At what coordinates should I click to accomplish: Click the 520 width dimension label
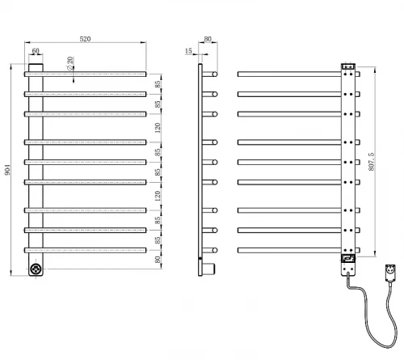85,39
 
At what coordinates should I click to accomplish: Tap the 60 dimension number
36,51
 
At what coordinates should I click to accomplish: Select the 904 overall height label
7,170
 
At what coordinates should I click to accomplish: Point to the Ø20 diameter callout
70,63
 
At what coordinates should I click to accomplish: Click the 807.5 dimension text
372,162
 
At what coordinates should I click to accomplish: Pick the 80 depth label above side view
208,39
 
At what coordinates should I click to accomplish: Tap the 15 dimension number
188,51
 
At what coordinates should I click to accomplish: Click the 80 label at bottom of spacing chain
158,260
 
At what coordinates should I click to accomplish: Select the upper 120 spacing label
158,128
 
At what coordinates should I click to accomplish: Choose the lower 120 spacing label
158,196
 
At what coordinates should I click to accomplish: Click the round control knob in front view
36,269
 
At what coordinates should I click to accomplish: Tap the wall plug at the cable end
390,273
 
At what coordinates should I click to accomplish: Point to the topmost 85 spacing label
158,84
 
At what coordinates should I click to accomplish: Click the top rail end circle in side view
215,74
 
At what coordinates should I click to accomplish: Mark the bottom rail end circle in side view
215,250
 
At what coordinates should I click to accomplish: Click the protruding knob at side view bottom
208,269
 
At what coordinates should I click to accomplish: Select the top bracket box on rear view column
348,66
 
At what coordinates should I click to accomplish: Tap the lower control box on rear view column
348,258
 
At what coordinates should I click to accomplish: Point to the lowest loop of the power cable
382,345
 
